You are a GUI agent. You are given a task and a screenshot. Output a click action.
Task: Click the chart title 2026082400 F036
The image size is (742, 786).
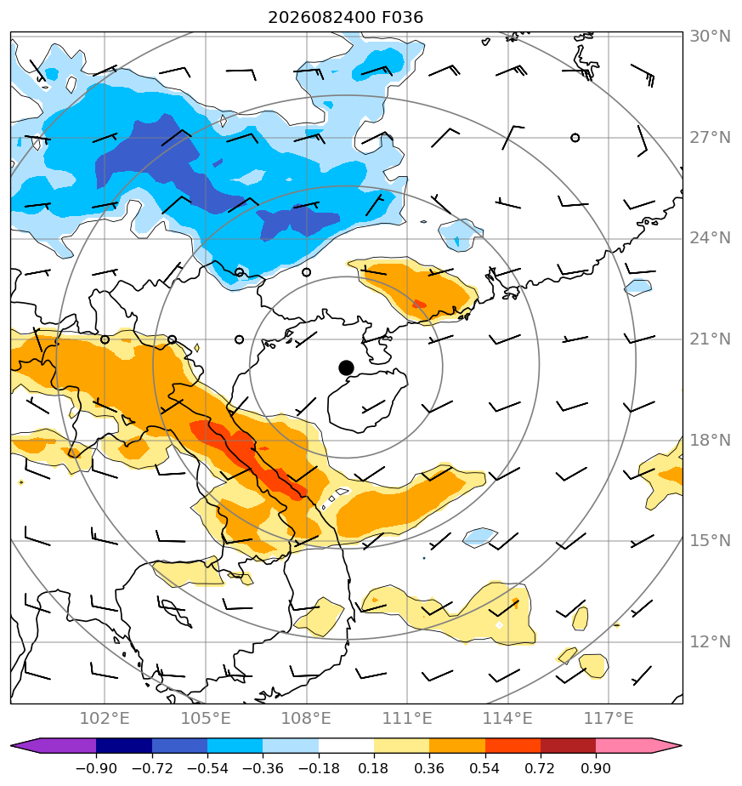click(345, 18)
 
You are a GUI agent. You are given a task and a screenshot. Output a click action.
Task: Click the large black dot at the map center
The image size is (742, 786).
click(346, 368)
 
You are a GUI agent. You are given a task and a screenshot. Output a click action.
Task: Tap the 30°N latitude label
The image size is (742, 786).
click(710, 36)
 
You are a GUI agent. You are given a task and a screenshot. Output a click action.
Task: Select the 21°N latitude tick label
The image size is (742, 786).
click(710, 339)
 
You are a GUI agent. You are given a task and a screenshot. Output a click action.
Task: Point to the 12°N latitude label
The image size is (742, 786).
click(710, 641)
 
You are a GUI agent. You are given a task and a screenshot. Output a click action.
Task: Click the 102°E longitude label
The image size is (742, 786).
click(105, 718)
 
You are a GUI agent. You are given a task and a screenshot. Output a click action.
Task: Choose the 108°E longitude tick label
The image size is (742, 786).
click(306, 718)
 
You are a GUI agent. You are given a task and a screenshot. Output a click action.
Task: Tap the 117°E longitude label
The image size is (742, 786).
click(609, 718)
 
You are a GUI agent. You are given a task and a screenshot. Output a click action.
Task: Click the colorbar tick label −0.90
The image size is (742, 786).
click(96, 768)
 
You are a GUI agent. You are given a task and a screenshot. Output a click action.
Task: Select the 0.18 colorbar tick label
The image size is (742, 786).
click(373, 768)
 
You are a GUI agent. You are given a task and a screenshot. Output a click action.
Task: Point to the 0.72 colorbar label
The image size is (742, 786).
click(540, 768)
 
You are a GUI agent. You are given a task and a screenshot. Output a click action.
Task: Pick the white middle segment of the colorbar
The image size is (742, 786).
click(346, 746)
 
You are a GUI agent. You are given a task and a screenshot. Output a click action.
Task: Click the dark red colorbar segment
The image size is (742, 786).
click(568, 746)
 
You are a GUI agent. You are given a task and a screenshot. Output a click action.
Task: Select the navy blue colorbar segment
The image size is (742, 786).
click(124, 746)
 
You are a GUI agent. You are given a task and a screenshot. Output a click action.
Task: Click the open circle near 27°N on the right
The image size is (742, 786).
click(575, 137)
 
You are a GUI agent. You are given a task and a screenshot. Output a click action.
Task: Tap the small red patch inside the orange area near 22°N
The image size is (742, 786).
click(419, 304)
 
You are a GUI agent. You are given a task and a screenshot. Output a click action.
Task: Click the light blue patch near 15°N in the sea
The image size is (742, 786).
click(480, 537)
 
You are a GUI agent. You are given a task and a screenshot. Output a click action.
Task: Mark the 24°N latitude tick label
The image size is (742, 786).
click(710, 238)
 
